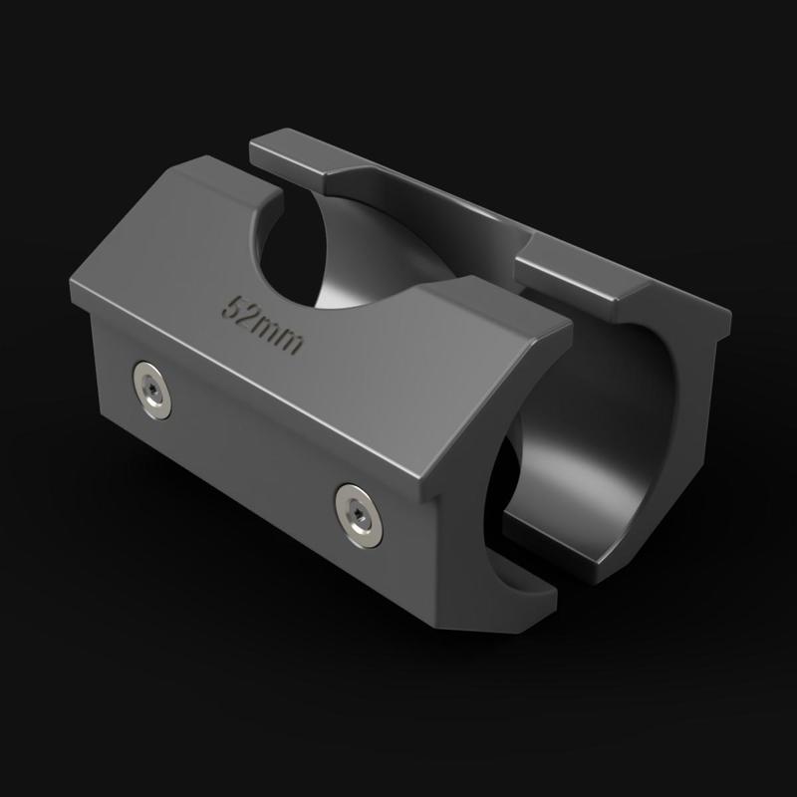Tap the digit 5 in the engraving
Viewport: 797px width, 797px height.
[x=237, y=305]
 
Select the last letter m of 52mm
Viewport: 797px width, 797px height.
[x=293, y=341]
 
